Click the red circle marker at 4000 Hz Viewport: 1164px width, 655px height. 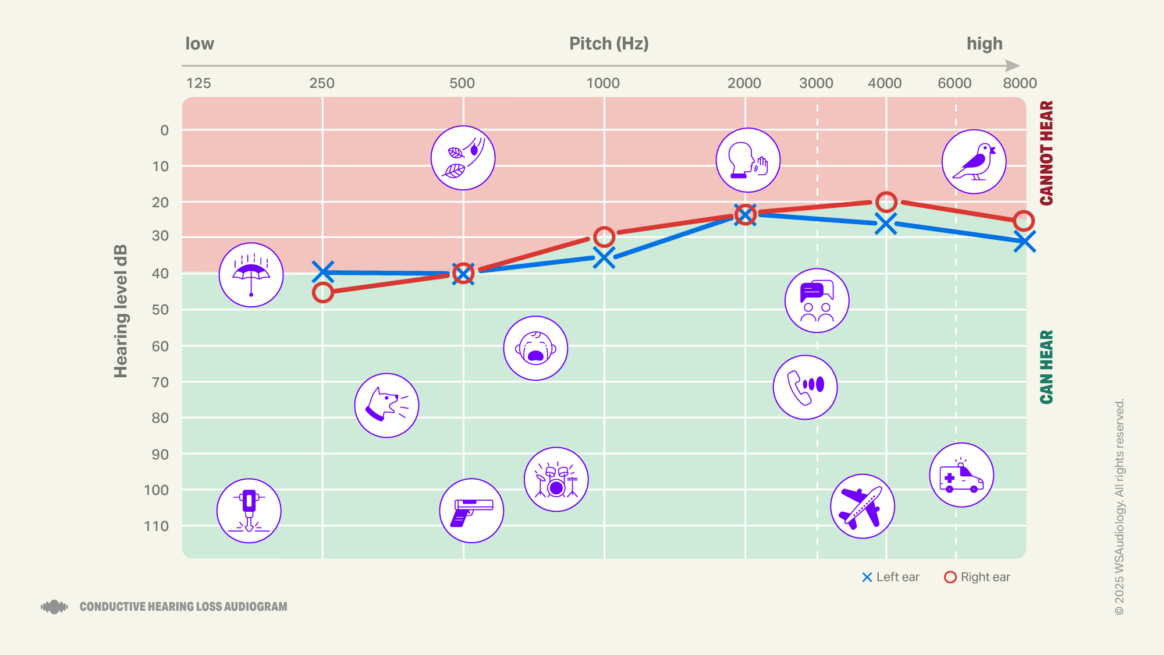tap(886, 202)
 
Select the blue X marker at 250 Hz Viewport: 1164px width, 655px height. tap(323, 271)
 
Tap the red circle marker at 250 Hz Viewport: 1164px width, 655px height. tap(322, 292)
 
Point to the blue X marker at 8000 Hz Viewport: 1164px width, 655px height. tap(1024, 241)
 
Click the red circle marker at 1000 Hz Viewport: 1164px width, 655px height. tap(604, 236)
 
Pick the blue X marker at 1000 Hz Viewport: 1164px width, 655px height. tap(604, 257)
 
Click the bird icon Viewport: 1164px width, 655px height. tap(974, 162)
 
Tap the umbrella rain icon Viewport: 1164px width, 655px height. tap(251, 275)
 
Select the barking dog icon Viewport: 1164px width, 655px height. tap(386, 405)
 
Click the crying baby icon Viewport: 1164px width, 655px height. tap(535, 348)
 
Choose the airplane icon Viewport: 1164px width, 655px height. tap(862, 506)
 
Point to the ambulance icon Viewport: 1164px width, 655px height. tap(961, 475)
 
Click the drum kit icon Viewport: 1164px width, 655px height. tap(556, 479)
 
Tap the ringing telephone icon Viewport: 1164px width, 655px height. tap(805, 387)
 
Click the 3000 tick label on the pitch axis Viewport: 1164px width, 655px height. tap(816, 83)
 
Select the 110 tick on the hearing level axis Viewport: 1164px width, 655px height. tap(157, 526)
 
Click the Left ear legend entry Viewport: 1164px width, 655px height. tap(890, 577)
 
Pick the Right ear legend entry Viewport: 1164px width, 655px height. tap(977, 577)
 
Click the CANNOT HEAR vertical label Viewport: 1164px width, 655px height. tap(1046, 153)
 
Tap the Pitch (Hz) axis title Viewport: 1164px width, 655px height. tap(609, 44)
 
